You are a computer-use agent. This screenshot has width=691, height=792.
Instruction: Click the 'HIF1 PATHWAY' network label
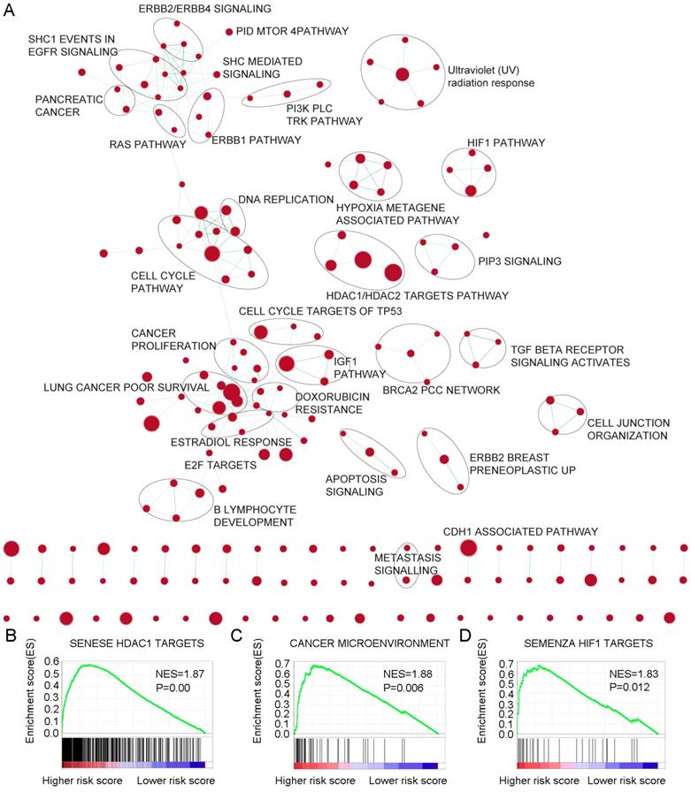coord(506,141)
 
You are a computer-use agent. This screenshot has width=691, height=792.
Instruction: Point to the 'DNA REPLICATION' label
coord(285,199)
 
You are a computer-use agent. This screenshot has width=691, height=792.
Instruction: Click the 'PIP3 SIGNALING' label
coord(519,261)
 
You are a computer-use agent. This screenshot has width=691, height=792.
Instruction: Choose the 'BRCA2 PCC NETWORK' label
coord(441,390)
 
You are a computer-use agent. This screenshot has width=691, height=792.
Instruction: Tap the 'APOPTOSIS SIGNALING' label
coord(357,484)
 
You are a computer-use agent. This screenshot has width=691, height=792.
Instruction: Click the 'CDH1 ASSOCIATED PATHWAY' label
coord(521,530)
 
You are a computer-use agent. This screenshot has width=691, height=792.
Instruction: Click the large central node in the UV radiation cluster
coord(403,76)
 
